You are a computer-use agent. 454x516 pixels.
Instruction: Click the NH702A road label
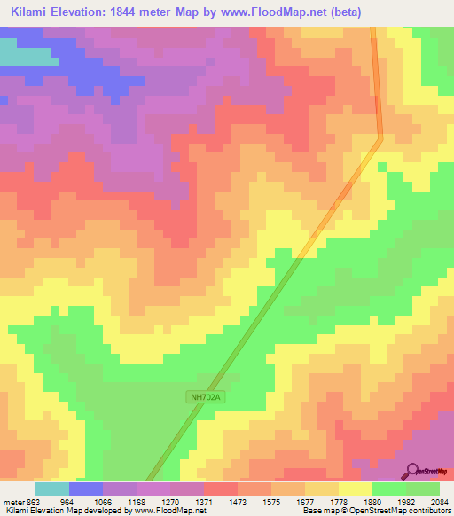tap(203, 397)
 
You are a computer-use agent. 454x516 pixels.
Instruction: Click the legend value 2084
tap(440, 501)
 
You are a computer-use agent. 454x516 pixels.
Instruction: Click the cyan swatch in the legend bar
tap(51, 489)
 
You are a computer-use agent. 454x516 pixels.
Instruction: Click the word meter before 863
tap(12, 501)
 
